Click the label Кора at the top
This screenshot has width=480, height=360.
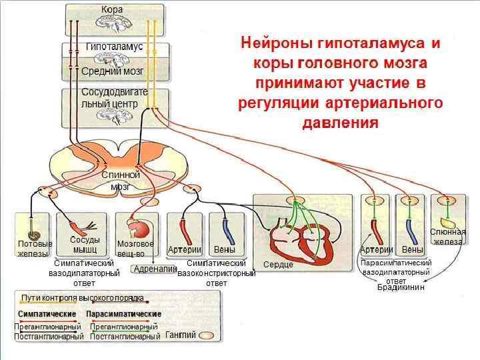111,9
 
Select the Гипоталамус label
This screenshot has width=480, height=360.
114,47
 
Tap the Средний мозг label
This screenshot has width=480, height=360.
113,70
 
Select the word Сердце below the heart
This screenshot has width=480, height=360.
278,265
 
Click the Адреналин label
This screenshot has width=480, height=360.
155,269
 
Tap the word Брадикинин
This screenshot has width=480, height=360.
401,287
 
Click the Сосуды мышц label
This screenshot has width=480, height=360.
85,244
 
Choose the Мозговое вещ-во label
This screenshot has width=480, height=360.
135,249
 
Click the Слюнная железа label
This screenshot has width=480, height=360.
447,236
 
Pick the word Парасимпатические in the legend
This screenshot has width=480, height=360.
123,313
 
